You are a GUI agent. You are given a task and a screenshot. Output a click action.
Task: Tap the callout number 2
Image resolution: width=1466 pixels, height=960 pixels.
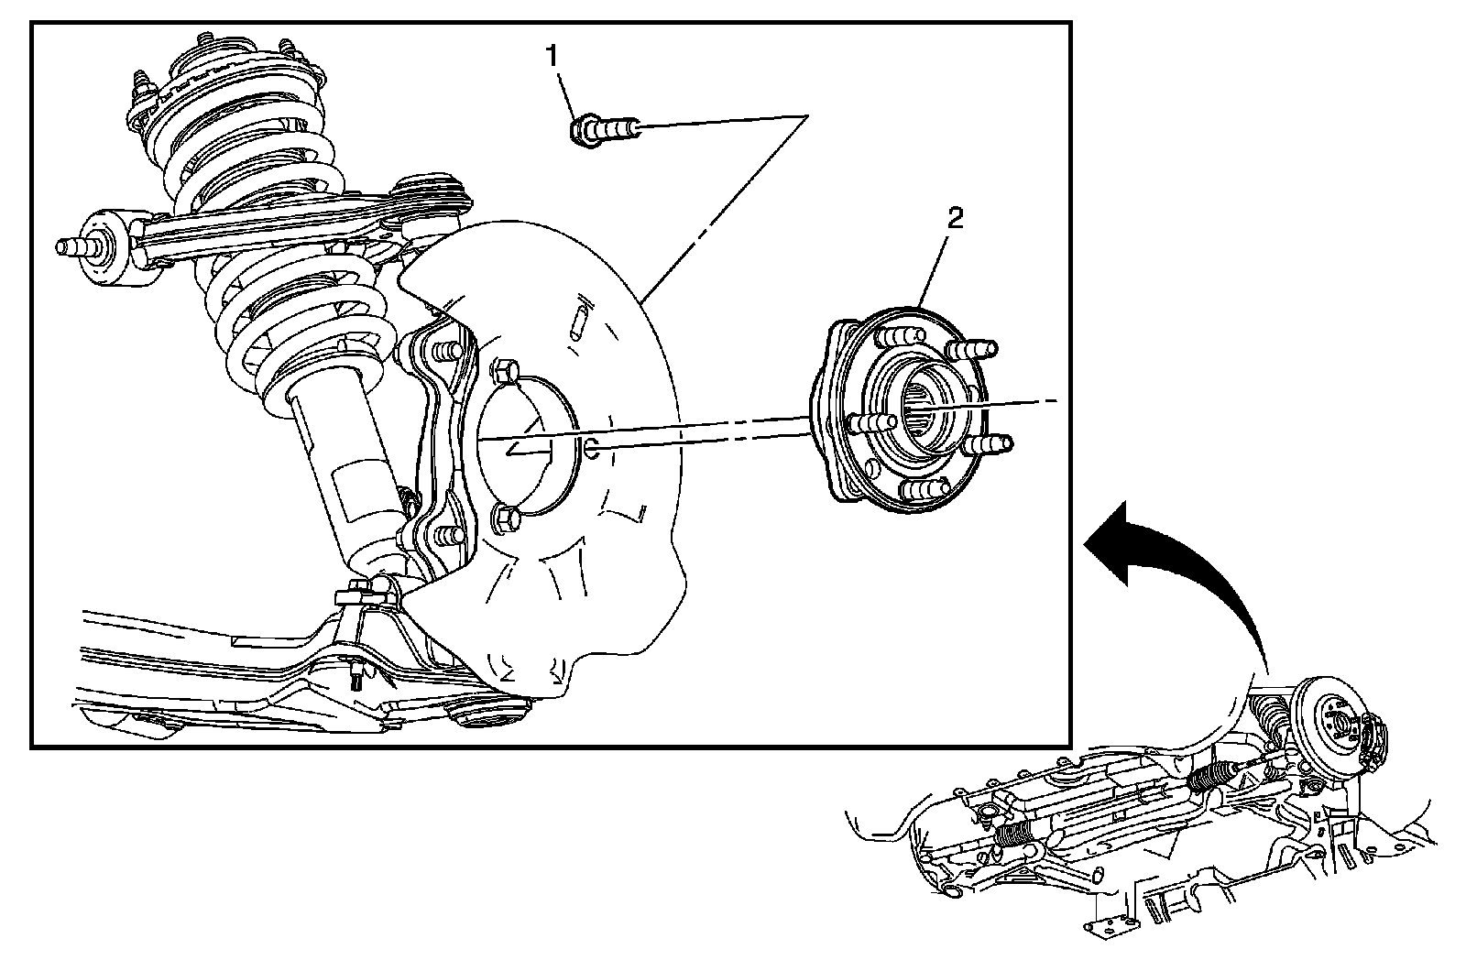(955, 218)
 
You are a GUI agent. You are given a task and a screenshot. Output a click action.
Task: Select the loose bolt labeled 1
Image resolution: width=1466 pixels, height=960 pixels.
(606, 130)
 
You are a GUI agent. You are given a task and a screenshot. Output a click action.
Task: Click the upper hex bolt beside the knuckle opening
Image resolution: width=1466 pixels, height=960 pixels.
(505, 371)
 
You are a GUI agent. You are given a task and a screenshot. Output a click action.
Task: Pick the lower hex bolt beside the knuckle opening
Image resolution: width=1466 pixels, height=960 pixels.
(505, 519)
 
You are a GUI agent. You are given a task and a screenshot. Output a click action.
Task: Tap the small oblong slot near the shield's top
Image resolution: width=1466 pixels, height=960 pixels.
(578, 321)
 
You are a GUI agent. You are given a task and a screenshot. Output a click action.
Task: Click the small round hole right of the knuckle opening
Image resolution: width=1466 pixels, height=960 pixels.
(591, 448)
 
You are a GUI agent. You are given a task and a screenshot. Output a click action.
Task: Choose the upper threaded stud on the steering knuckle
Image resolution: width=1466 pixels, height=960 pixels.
(449, 351)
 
